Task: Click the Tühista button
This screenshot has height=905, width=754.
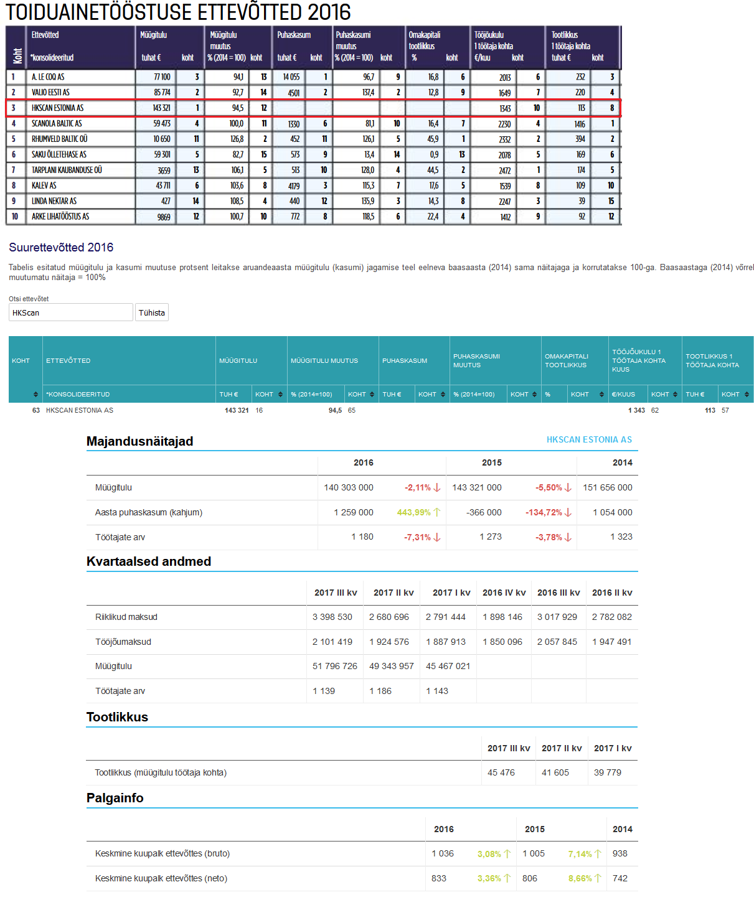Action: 152,312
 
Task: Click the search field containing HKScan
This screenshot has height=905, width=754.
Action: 71,312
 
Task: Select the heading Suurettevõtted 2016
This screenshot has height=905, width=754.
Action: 61,247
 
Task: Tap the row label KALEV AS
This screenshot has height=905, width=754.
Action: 44,185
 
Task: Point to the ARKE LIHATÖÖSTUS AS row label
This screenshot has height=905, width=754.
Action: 60,217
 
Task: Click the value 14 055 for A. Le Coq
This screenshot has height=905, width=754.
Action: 291,77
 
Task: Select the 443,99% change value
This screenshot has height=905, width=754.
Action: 414,512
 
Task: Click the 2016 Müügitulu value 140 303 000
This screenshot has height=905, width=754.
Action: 349,487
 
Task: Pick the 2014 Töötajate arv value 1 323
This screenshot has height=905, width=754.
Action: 621,537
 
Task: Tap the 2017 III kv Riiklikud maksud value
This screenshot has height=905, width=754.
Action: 332,617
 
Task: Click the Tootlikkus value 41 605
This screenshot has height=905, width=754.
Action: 555,772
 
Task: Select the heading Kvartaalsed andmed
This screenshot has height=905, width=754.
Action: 149,561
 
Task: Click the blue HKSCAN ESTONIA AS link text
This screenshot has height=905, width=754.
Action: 589,439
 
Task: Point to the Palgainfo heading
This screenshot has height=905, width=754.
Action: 115,798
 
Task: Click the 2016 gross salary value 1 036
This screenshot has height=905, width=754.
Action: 443,853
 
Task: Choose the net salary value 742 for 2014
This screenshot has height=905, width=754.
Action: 620,878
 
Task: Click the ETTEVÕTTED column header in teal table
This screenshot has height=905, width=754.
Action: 68,360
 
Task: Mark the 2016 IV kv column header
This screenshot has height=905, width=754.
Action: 504,593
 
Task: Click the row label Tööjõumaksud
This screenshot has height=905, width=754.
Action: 123,642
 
